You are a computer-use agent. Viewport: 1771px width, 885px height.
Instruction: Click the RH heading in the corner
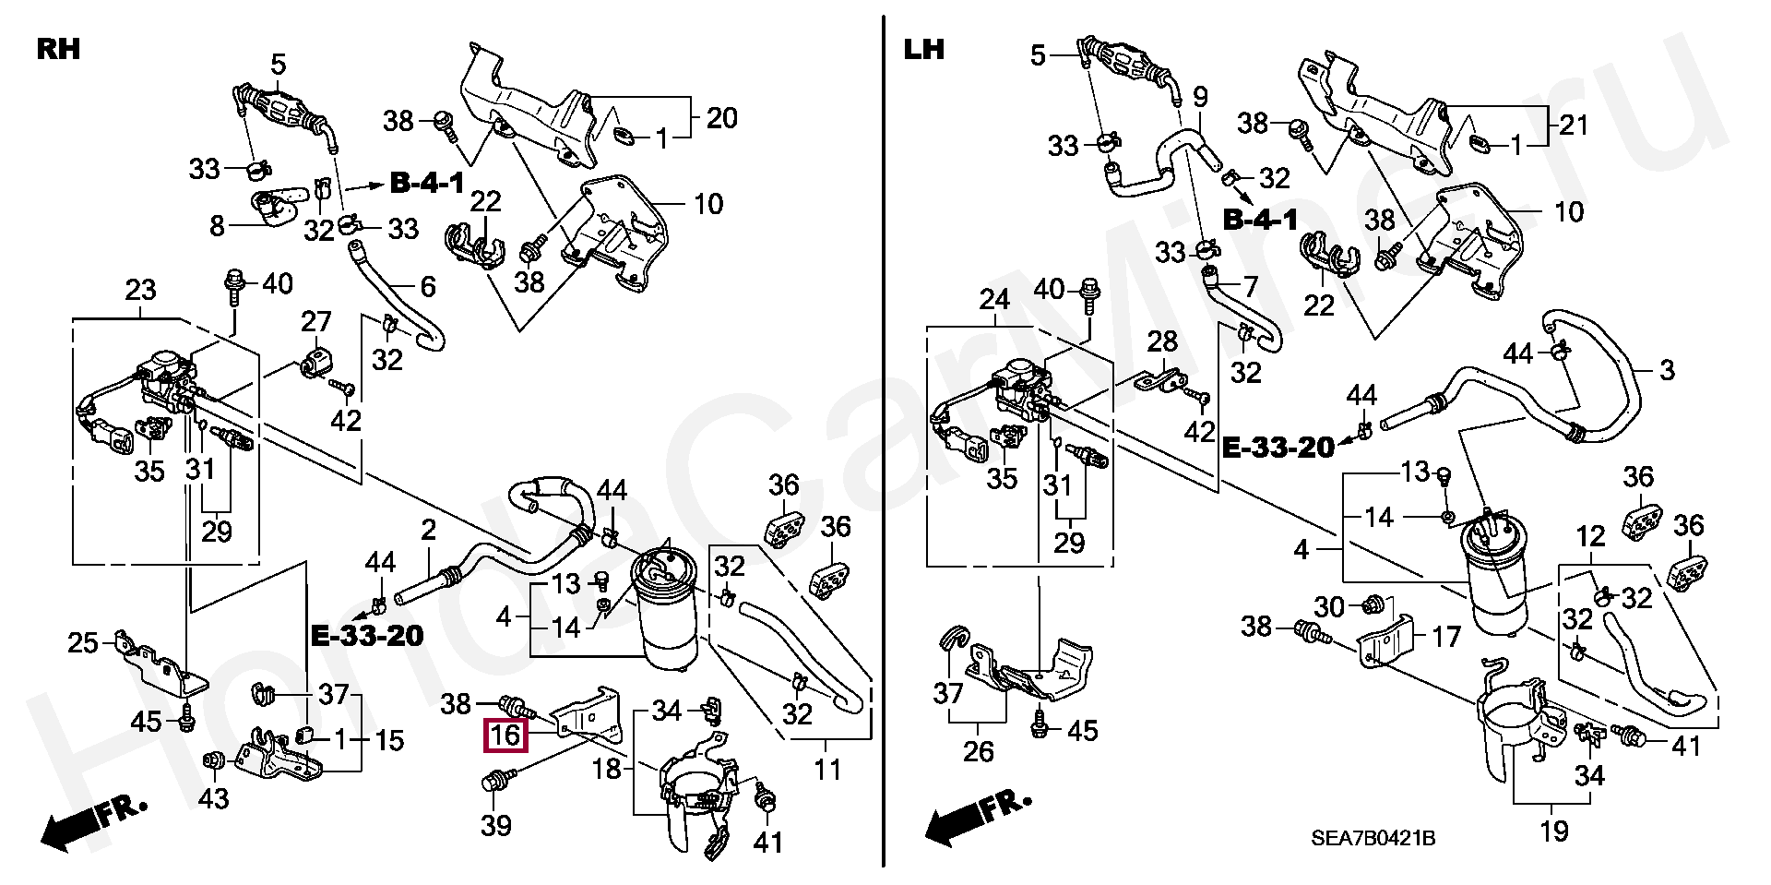point(58,49)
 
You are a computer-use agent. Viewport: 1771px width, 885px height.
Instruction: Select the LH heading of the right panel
point(924,49)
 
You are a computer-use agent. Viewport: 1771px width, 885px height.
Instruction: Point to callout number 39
point(496,824)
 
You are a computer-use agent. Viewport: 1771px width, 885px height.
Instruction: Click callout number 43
point(213,796)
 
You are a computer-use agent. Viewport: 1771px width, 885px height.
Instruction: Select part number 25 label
point(84,641)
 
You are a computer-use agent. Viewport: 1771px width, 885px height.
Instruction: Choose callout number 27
point(316,322)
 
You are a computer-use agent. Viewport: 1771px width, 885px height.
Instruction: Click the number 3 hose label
point(1666,371)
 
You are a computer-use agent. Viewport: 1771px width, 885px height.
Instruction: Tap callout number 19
point(1554,831)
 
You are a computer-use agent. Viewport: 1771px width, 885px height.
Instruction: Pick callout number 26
point(979,752)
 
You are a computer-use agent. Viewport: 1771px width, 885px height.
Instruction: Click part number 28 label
point(1162,341)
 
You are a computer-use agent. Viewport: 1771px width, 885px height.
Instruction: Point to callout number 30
point(1329,606)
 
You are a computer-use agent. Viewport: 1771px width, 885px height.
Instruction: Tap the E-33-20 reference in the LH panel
point(1278,448)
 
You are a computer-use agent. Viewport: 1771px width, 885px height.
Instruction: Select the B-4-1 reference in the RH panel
point(427,184)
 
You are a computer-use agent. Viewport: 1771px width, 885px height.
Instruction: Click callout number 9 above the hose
point(1200,96)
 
